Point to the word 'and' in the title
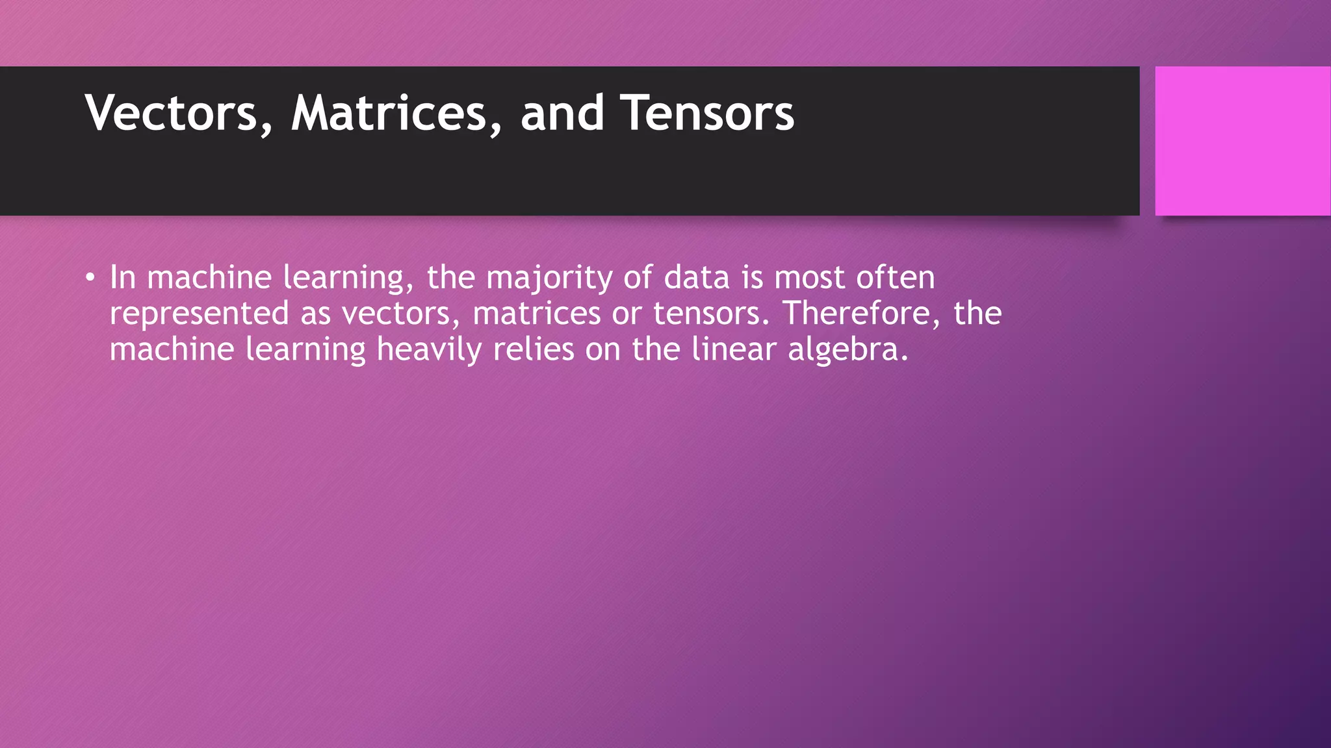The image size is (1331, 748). point(562,113)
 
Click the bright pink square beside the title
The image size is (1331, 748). point(1242,141)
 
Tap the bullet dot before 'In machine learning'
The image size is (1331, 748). point(90,279)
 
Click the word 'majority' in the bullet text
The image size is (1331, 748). point(549,279)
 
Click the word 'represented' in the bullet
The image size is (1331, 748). point(199,314)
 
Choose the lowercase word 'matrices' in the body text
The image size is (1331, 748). point(536,314)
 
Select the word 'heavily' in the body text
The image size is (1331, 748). point(429,350)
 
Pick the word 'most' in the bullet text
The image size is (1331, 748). point(809,278)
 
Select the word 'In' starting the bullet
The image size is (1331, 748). point(122,277)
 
